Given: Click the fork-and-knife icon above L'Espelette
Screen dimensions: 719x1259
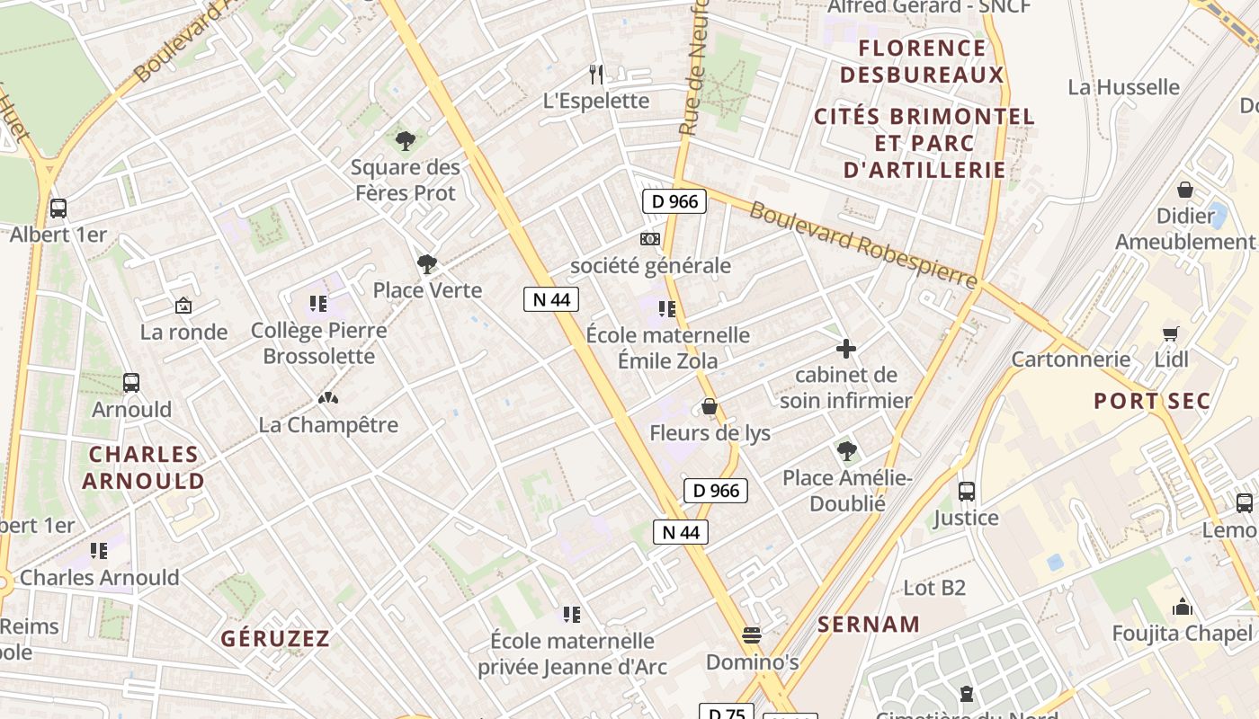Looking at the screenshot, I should pos(595,74).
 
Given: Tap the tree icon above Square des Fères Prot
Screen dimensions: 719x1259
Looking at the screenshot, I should pos(406,140).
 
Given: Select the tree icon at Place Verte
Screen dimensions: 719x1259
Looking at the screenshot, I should pos(427,264).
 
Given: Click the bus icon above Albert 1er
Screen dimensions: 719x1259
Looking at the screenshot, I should pos(58,209).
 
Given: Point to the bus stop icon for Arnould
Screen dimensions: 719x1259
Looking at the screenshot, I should pos(131,383).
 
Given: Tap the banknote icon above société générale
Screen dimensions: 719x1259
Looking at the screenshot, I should pos(649,239).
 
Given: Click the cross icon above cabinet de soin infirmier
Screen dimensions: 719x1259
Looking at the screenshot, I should pos(845,349).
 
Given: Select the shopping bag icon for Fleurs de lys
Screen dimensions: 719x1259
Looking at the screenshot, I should pos(710,407).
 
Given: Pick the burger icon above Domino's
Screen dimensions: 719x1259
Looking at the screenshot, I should pos(752,635).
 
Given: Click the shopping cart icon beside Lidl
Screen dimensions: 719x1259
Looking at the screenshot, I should pos(1170,333).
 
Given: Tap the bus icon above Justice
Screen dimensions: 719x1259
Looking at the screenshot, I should pos(967,492).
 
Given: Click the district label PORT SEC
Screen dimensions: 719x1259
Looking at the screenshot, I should pos(1151,401).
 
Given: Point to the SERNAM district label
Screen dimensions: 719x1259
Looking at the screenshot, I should pos(869,624).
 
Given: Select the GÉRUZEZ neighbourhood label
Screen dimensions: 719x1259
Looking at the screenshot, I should pos(276,639).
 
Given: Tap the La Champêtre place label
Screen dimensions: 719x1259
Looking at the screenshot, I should pos(328,424).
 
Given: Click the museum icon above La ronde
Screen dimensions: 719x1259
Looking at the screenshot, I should pos(183,306).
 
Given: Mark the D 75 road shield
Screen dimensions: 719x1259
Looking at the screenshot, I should pos(727,713).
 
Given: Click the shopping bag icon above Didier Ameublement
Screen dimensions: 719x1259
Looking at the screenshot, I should pos(1185,190).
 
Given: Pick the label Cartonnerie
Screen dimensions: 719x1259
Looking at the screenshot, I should pos(1070,359).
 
